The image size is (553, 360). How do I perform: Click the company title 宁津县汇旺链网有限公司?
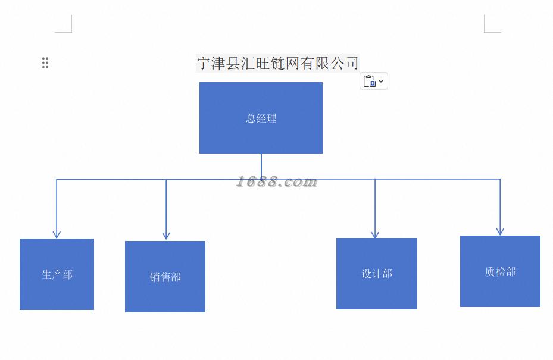(x=277, y=62)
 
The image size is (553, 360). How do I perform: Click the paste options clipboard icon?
(x=369, y=81)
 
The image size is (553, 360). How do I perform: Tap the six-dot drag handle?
(x=45, y=62)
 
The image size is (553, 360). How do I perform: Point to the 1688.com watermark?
(x=276, y=181)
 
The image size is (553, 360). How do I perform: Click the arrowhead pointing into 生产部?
(x=57, y=234)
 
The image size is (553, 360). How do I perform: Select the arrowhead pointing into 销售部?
(x=166, y=236)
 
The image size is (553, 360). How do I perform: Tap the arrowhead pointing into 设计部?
(x=375, y=234)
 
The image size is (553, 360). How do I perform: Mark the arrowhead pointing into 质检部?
(x=500, y=231)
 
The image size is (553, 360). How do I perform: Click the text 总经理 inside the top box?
(x=261, y=118)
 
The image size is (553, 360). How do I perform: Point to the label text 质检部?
(x=500, y=272)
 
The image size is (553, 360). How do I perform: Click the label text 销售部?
(x=165, y=277)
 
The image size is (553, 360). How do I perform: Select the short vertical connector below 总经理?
(x=261, y=165)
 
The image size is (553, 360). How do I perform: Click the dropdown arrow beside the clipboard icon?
(x=381, y=81)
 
